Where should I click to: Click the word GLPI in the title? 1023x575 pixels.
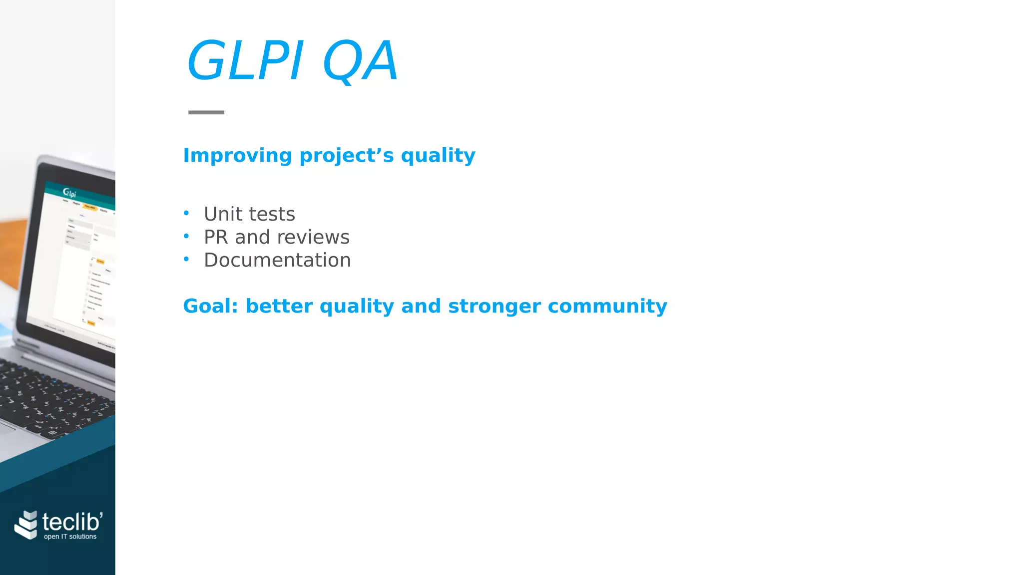coord(245,61)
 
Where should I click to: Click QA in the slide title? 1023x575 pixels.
coord(361,61)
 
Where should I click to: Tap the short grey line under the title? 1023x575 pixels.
coord(206,112)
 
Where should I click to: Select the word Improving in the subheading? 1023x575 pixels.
coord(237,156)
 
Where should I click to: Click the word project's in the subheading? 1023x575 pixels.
coord(347,156)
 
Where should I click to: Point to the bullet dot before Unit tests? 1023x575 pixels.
coord(186,213)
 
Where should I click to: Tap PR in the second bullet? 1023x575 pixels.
coord(216,237)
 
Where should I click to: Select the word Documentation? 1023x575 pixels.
coord(277,260)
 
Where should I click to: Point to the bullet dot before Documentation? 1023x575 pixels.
coord(186,259)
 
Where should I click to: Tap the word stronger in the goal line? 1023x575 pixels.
coord(494,306)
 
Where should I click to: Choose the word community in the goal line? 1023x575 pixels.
coord(607,306)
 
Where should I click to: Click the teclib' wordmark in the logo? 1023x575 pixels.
coord(72,522)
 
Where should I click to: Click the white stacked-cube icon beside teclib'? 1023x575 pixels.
coord(26,525)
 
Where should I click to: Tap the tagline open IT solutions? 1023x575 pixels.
coord(70,537)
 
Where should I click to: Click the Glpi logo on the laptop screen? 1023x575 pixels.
coord(69,193)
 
